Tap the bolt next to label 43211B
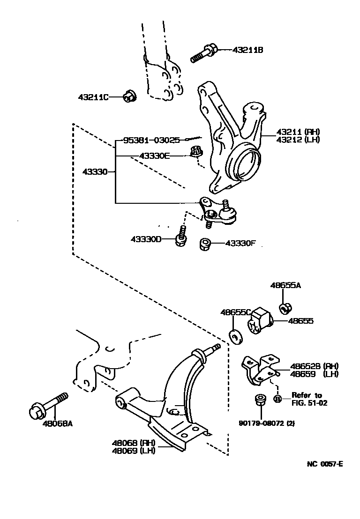click(203, 53)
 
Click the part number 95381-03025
click(151, 140)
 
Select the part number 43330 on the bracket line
click(95, 172)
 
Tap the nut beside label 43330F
click(204, 244)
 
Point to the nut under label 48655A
click(284, 308)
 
